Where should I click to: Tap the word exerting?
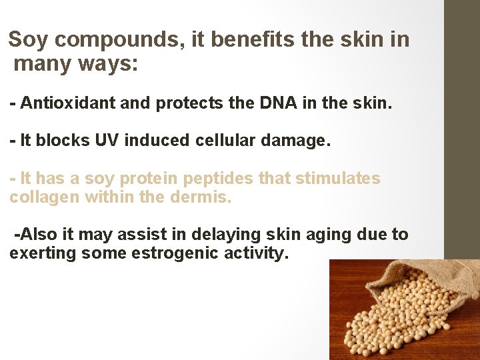tap(43, 253)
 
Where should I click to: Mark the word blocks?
tap(57, 141)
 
